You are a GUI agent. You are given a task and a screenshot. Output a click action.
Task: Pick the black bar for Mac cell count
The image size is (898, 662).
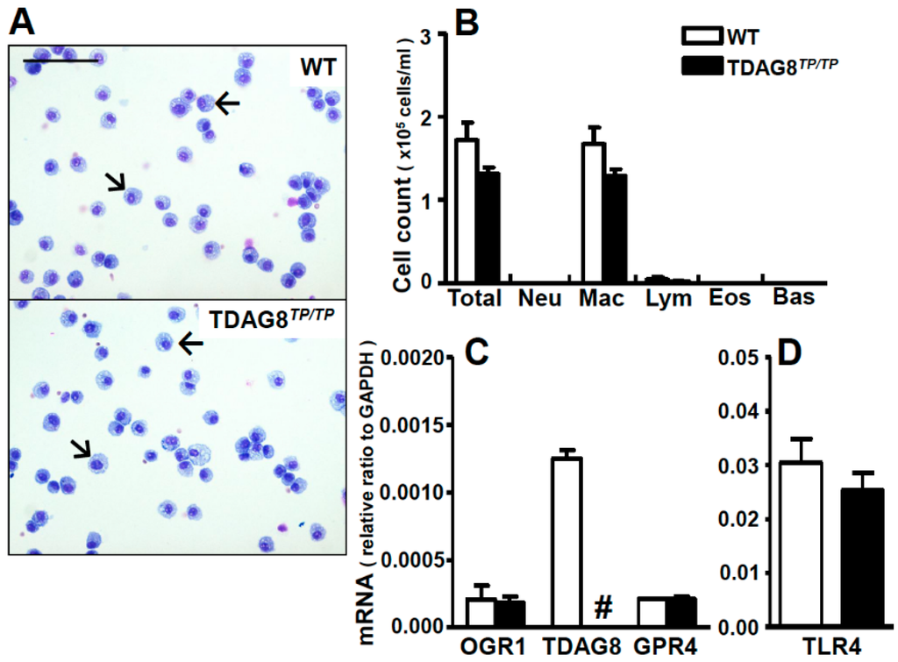[615, 229]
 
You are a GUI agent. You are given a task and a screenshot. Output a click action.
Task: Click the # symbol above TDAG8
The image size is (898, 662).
[602, 605]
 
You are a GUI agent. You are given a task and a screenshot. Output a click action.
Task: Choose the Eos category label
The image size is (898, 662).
[730, 298]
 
